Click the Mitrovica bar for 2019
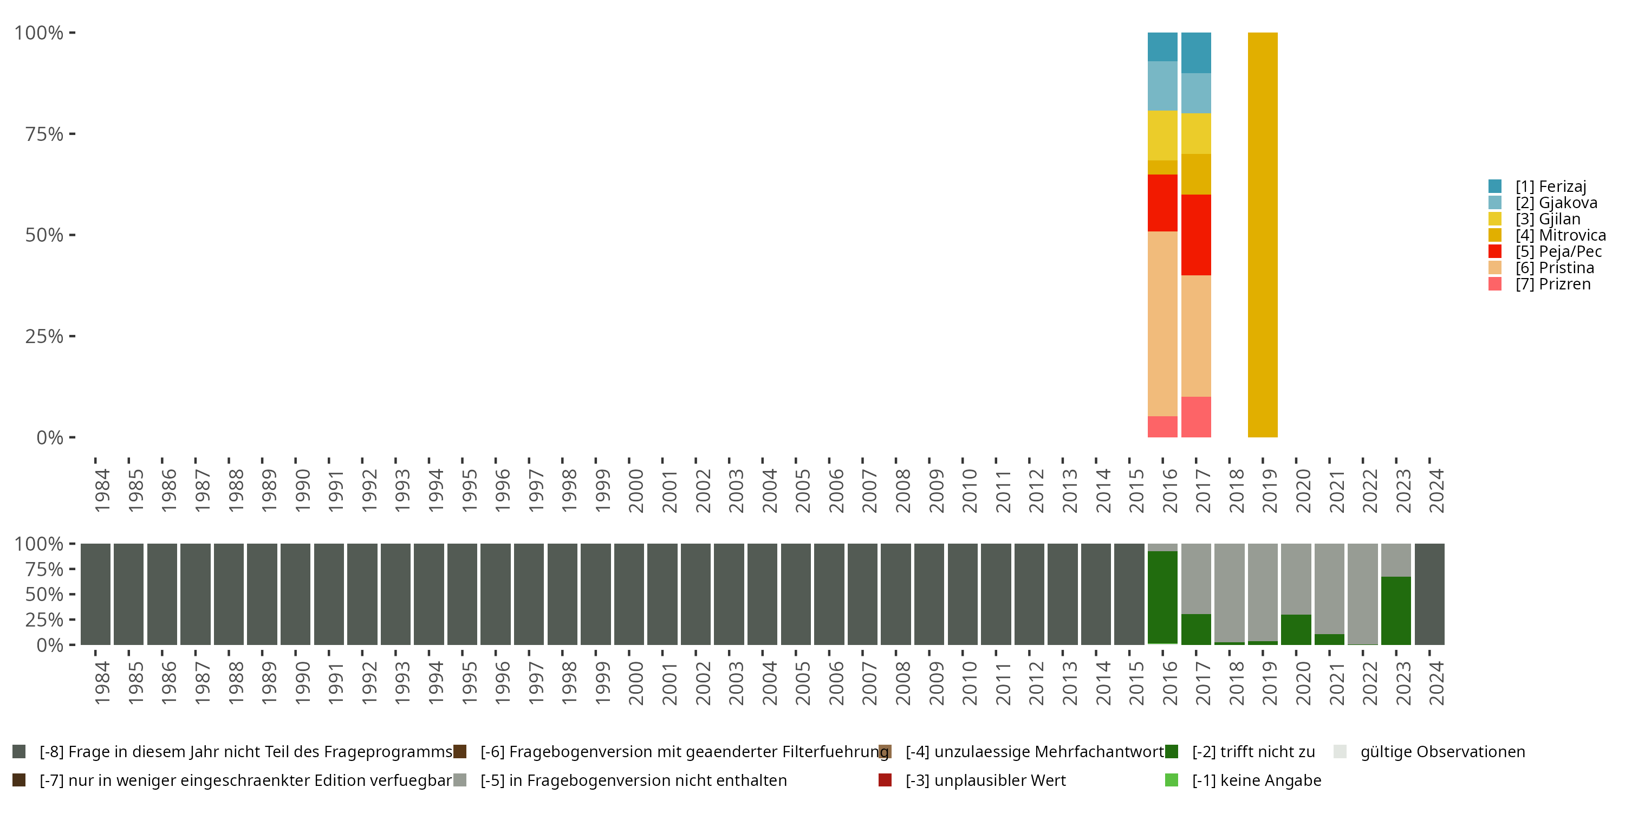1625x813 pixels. pyautogui.click(x=1262, y=234)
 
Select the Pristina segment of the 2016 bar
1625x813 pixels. pyautogui.click(x=1162, y=323)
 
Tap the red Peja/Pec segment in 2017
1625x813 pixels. pyautogui.click(x=1195, y=234)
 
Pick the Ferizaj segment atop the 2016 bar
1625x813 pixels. pyautogui.click(x=1162, y=47)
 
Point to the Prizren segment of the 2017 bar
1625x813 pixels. pyautogui.click(x=1195, y=417)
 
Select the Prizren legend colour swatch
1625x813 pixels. pyautogui.click(x=1494, y=284)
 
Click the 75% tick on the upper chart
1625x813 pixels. pyautogui.click(x=44, y=134)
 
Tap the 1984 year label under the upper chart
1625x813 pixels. pyautogui.click(x=102, y=491)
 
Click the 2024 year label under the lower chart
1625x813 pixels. pyautogui.click(x=1436, y=683)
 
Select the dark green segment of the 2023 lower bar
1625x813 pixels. pyautogui.click(x=1395, y=610)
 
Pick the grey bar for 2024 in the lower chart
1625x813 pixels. pyautogui.click(x=1429, y=594)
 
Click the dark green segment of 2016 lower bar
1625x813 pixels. pyautogui.click(x=1162, y=597)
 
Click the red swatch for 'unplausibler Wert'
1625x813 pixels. pyautogui.click(x=885, y=780)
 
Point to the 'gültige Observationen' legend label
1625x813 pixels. pyautogui.click(x=1442, y=752)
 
